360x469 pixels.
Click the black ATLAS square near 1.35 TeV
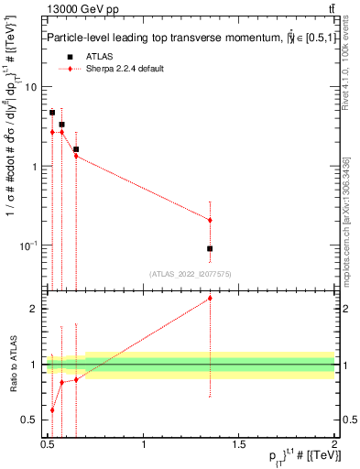[210, 248]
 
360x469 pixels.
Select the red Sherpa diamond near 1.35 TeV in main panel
[210, 220]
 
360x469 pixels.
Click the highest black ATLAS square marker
[52, 113]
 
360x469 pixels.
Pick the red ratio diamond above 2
[210, 298]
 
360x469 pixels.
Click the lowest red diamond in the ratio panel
[52, 409]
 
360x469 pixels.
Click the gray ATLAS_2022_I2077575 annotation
[190, 274]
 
